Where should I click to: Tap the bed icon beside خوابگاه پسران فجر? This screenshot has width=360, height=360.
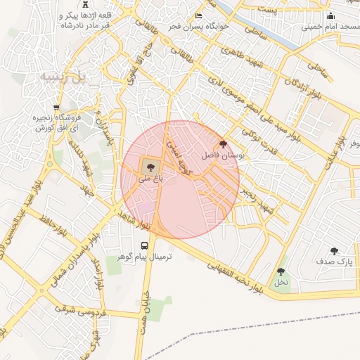point(199,15)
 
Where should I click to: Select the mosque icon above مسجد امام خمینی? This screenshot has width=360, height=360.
point(330,16)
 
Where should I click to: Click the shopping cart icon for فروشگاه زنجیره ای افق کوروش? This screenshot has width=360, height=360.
point(56,108)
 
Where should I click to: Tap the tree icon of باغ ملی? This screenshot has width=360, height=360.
point(149,166)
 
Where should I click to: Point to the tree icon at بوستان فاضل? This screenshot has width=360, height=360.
point(223,143)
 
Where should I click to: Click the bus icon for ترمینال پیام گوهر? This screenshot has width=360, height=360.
point(144,245)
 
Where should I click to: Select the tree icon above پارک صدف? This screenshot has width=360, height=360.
point(334,250)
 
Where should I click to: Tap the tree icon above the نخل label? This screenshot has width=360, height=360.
point(281,271)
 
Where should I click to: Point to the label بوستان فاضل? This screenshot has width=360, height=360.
point(224,155)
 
